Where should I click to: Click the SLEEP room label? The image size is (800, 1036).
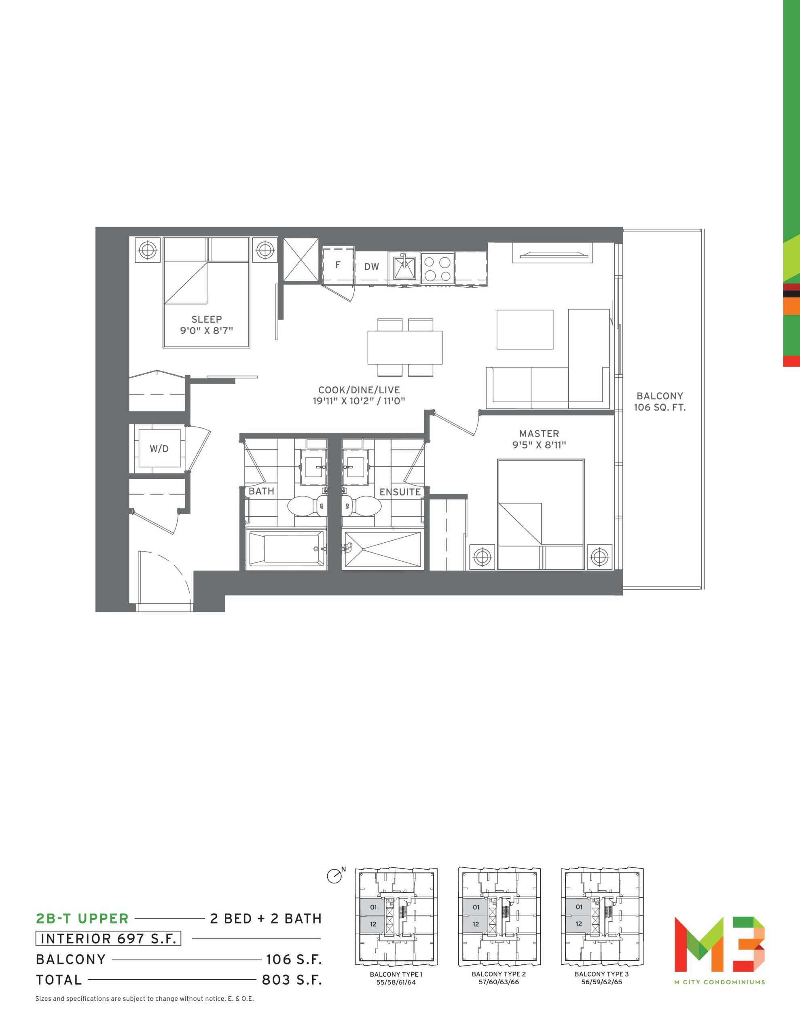point(207,319)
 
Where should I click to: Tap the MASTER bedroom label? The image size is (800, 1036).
point(539,433)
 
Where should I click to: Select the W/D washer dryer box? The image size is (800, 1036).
point(159,449)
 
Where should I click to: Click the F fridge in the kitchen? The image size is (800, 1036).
point(338,265)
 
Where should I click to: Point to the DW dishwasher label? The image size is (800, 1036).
point(372,267)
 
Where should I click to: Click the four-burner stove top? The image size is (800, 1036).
point(438,268)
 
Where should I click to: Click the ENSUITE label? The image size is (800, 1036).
point(400,492)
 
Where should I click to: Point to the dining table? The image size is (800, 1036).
point(405,348)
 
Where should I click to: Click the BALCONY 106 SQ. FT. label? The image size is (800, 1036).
point(660,401)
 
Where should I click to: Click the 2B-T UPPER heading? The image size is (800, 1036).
point(83,919)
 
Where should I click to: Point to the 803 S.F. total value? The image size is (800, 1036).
point(292,980)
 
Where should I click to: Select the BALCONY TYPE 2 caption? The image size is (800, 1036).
point(498,974)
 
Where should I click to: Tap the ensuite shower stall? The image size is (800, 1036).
point(382,548)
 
